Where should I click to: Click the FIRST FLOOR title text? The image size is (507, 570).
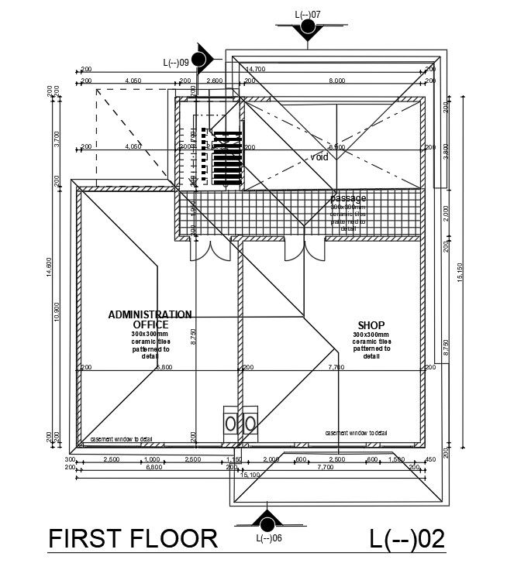(x=133, y=538)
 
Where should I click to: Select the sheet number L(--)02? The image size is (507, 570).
(x=407, y=538)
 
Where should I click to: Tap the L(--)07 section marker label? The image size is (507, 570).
(x=308, y=14)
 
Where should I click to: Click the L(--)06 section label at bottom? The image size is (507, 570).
(x=268, y=538)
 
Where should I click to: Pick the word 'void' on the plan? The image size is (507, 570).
(x=319, y=157)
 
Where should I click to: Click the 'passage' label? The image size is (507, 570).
(x=347, y=198)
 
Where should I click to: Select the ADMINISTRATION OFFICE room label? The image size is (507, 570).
(x=150, y=319)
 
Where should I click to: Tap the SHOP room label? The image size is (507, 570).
(x=371, y=325)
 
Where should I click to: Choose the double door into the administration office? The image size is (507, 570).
(x=210, y=249)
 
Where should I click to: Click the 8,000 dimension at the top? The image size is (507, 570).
(x=336, y=81)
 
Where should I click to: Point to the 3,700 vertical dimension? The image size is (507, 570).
(x=59, y=138)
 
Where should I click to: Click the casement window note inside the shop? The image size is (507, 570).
(x=355, y=433)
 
